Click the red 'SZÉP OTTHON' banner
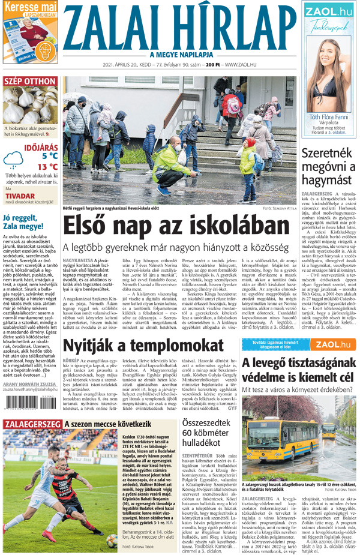30,82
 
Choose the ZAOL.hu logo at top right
328,11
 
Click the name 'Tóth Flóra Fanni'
328,117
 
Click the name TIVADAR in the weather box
21,196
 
